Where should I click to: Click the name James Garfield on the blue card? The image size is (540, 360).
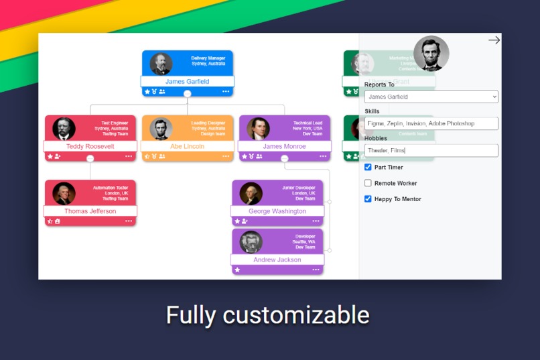[187, 82]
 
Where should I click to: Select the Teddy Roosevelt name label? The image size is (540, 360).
[90, 146]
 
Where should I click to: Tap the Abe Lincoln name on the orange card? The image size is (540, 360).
[187, 146]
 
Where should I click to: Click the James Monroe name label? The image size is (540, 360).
[284, 146]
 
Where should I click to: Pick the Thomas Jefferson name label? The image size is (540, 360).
[90, 211]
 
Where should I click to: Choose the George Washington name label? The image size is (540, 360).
[277, 211]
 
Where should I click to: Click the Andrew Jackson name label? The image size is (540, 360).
[277, 259]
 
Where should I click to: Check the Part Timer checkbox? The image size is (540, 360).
[368, 167]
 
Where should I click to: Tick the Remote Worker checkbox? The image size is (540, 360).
[368, 183]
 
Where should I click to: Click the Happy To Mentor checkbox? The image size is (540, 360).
[368, 199]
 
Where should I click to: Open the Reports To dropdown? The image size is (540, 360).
[431, 97]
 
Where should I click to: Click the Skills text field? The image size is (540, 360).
[431, 123]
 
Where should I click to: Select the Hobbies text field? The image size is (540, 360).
[431, 150]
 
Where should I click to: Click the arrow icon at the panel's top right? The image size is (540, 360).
[494, 40]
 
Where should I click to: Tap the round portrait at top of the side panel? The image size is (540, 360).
[431, 54]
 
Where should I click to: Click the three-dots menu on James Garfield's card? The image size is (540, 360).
[226, 92]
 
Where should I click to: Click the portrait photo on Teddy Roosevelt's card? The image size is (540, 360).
[64, 129]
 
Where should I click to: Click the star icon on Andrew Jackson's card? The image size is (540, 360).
[237, 270]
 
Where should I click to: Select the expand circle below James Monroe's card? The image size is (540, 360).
[284, 159]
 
